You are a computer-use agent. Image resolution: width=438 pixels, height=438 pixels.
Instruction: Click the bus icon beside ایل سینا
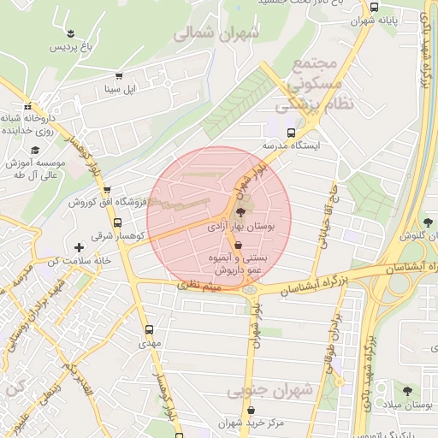click(x=118, y=75)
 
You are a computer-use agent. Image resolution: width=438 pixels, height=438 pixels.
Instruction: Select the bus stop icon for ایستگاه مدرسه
click(x=292, y=133)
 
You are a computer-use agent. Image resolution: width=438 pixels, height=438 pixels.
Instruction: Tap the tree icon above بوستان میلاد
click(x=405, y=391)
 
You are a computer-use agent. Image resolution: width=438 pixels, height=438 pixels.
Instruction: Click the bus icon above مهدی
click(x=150, y=328)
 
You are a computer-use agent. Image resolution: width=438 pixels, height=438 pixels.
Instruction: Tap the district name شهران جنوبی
click(x=270, y=391)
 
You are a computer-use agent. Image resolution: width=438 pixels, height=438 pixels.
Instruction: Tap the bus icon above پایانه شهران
click(x=374, y=7)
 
